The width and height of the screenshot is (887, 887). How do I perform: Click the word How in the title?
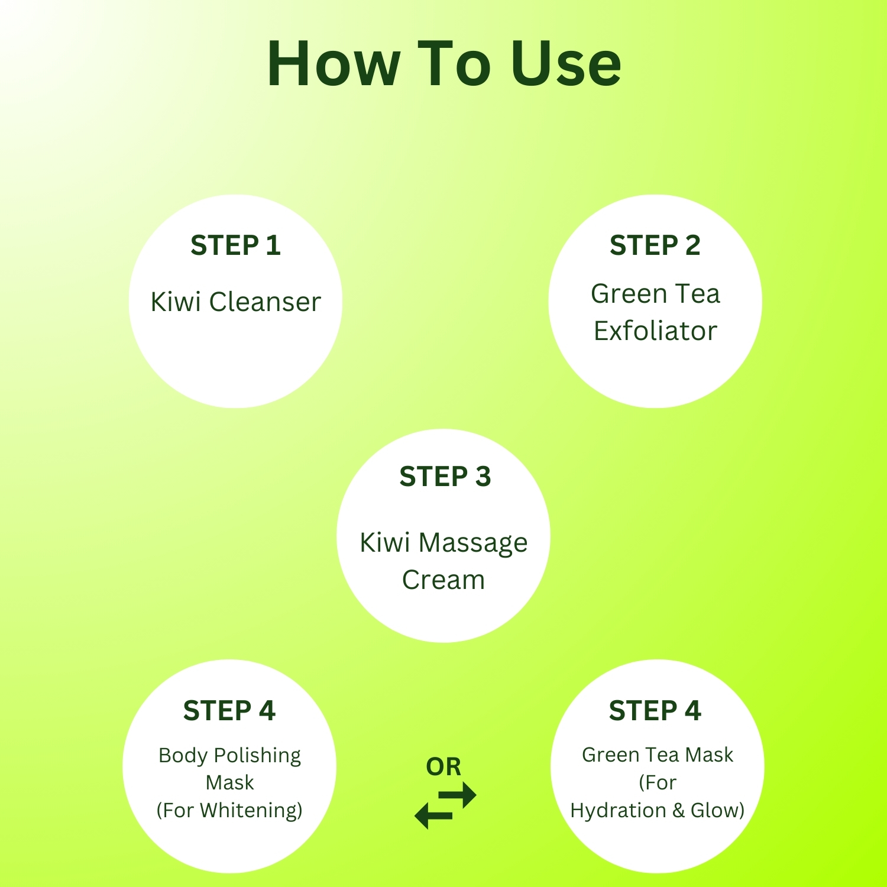point(334,63)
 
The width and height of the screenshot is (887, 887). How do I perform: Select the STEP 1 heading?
point(235,245)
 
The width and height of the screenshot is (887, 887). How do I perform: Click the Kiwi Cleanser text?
point(235,302)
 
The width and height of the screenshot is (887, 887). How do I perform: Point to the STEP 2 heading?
point(655,245)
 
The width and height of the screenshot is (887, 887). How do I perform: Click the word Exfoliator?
point(655,331)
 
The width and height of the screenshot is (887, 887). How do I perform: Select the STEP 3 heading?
point(445,477)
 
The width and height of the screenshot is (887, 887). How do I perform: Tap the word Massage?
point(473,543)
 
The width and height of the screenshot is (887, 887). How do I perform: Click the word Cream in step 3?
point(444,580)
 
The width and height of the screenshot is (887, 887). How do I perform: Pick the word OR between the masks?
point(444,766)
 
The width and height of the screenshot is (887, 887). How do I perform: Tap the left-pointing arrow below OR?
point(433,816)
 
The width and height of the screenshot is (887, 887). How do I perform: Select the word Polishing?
point(257,756)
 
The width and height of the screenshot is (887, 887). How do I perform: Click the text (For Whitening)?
point(229,810)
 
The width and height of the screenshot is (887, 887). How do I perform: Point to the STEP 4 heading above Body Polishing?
point(229,711)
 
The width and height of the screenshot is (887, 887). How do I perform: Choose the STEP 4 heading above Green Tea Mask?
point(655,711)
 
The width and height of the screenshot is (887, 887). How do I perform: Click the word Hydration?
point(619,811)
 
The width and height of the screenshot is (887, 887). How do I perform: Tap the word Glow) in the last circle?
point(717,810)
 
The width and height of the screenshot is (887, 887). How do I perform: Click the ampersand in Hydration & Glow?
point(678,810)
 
